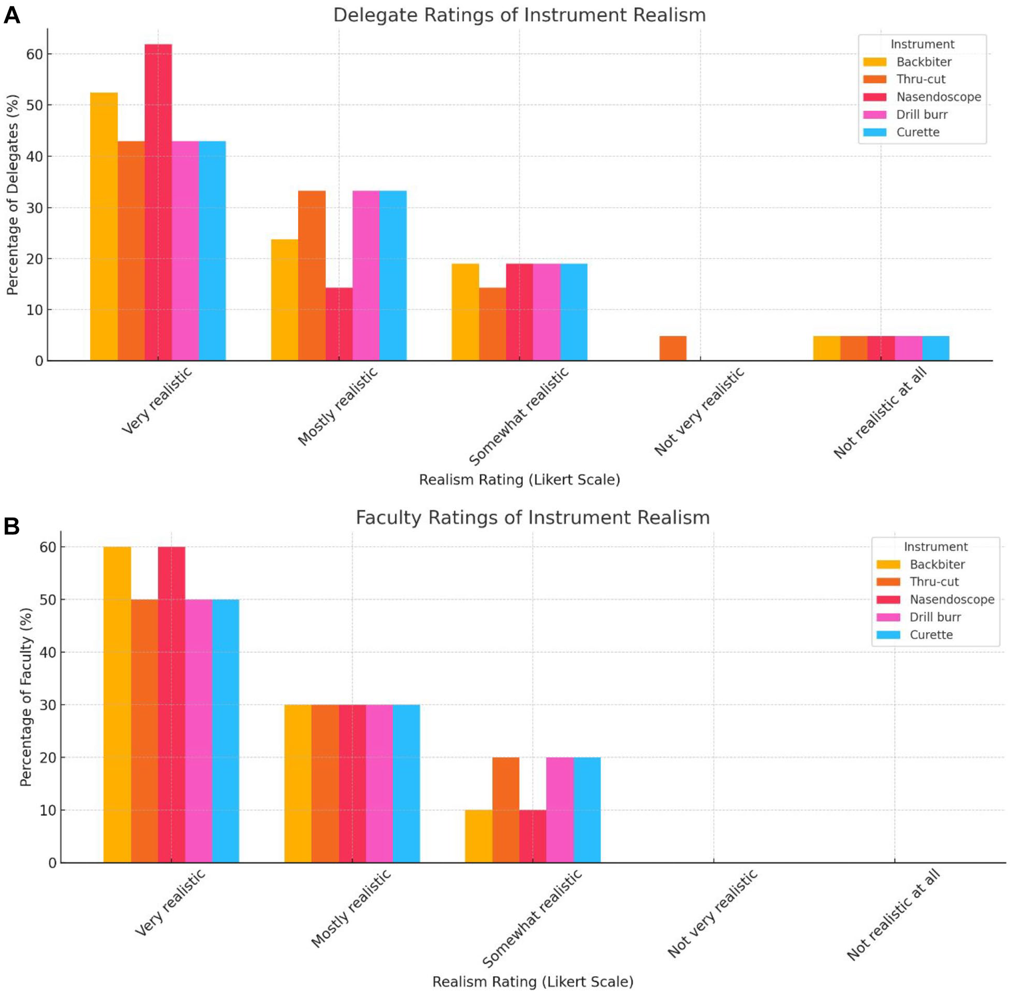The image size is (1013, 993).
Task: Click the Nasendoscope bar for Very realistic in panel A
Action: click(158, 203)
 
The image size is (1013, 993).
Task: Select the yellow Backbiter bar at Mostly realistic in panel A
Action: click(285, 300)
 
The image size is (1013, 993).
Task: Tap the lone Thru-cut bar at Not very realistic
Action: click(673, 348)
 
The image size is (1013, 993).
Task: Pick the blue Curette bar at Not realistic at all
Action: click(936, 348)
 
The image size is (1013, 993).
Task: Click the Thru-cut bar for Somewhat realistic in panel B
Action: click(505, 810)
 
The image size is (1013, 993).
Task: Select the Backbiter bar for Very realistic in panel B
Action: click(117, 705)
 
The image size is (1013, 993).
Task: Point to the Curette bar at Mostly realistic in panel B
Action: click(406, 784)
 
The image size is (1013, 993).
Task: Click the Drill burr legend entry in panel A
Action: click(905, 115)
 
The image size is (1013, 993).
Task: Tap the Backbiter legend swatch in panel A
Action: click(875, 62)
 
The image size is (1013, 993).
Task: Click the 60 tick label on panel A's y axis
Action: click(34, 54)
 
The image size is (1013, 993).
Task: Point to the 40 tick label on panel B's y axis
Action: click(48, 652)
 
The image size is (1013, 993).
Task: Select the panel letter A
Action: click(12, 15)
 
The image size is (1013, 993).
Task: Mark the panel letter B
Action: click(11, 526)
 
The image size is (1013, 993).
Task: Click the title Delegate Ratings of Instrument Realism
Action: click(520, 15)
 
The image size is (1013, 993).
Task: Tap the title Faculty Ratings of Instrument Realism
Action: click(533, 518)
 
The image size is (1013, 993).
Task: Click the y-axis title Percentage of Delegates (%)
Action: click(12, 195)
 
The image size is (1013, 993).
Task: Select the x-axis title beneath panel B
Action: click(533, 982)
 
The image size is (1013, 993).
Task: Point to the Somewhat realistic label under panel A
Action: click(519, 416)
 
